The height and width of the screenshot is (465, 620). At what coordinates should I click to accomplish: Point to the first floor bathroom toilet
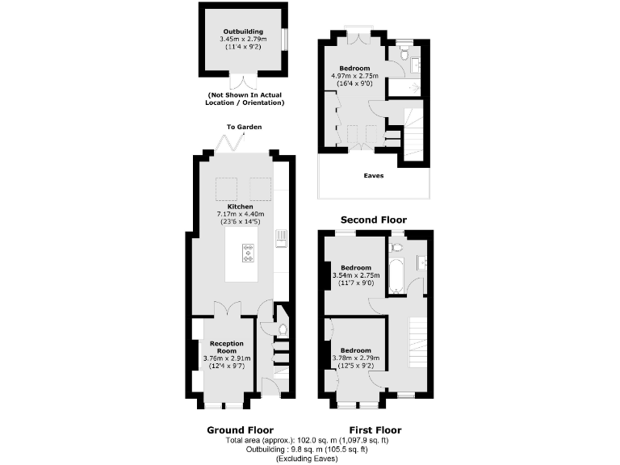click(396, 243)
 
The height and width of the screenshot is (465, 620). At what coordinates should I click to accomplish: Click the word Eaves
click(373, 175)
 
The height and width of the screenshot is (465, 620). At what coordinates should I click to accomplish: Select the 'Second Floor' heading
click(373, 220)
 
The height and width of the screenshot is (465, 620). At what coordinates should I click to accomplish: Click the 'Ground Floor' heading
click(241, 429)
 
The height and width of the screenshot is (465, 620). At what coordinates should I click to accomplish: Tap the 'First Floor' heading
click(375, 429)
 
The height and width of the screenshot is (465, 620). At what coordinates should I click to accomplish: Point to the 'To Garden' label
click(244, 127)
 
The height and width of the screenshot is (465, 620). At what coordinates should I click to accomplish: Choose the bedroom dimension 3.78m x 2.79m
click(355, 358)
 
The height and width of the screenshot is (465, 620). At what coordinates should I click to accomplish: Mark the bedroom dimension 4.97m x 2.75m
click(354, 76)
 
